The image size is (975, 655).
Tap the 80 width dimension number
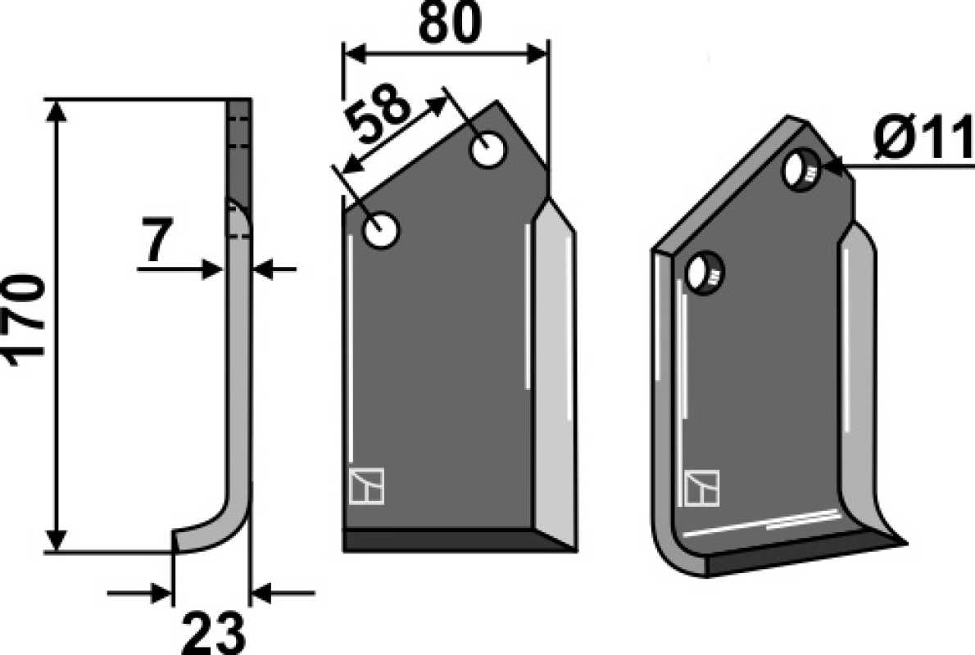(450, 22)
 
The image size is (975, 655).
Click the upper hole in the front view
(489, 151)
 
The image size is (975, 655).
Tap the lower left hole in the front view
(380, 230)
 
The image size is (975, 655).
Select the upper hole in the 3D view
(801, 169)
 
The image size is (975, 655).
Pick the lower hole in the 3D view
(705, 273)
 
